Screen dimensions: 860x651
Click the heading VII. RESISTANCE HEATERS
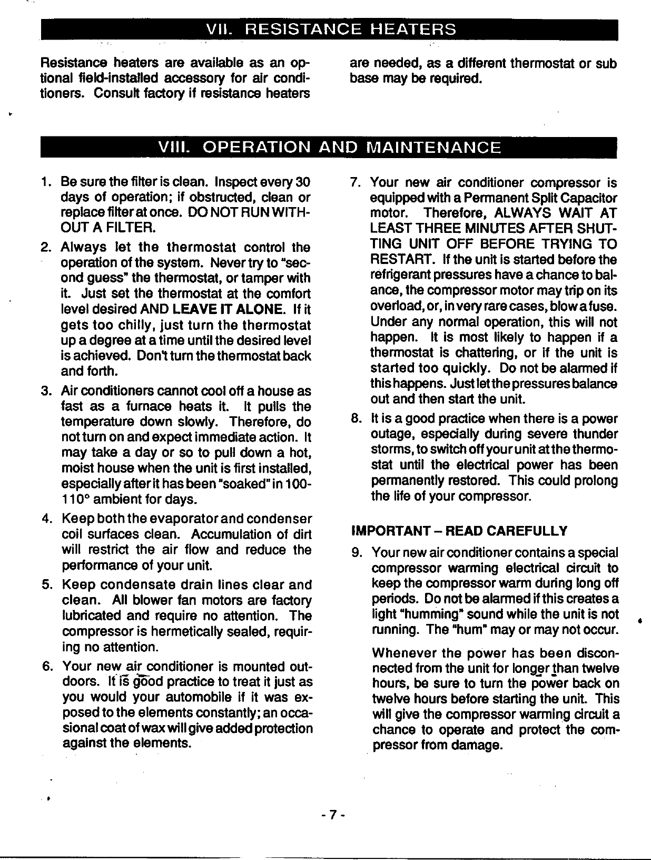[x=330, y=29]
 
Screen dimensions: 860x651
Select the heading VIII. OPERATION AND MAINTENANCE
[x=329, y=147]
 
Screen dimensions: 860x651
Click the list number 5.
[x=46, y=585]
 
